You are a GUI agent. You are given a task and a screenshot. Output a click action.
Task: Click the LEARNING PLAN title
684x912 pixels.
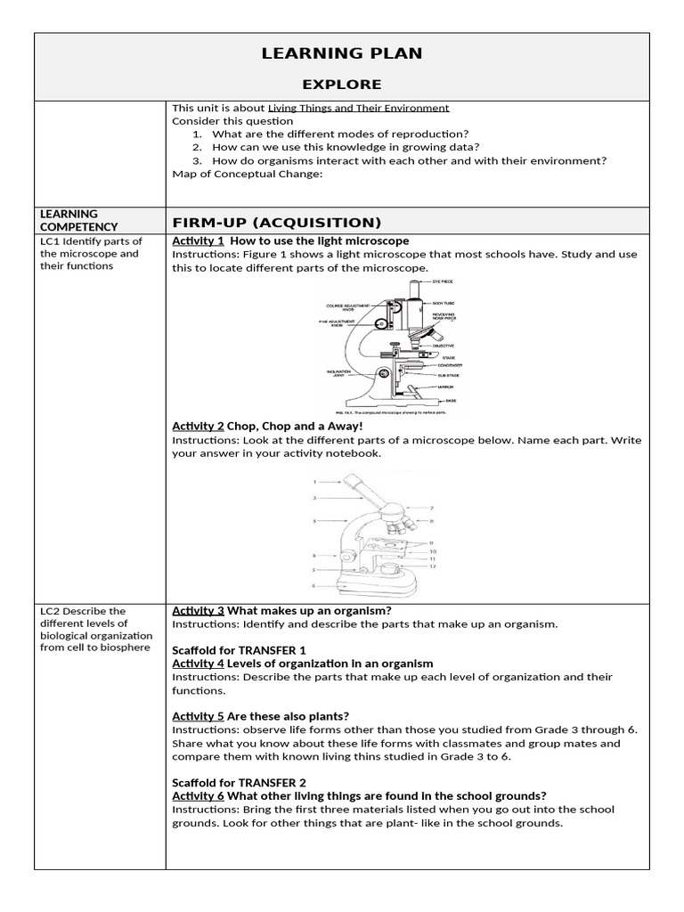coord(342,53)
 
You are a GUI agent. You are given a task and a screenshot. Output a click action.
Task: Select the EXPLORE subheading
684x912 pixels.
coord(342,85)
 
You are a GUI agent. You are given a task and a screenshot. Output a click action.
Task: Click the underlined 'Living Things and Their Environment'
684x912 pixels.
coord(358,108)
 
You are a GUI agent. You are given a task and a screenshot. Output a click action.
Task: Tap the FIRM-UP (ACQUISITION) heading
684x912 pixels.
coord(276,222)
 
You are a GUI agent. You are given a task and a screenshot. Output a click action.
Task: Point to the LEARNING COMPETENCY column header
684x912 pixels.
coord(79,220)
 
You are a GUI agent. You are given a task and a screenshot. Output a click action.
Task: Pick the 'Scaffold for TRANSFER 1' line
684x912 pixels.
coord(239,650)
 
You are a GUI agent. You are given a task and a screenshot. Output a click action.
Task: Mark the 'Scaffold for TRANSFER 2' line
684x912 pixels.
coord(239,783)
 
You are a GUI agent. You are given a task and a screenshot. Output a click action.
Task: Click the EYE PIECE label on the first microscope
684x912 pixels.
coord(443,281)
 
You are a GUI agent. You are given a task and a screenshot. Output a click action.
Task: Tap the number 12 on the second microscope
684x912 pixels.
coord(432,566)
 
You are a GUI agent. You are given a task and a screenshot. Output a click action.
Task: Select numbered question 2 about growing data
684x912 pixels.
coord(347,147)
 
